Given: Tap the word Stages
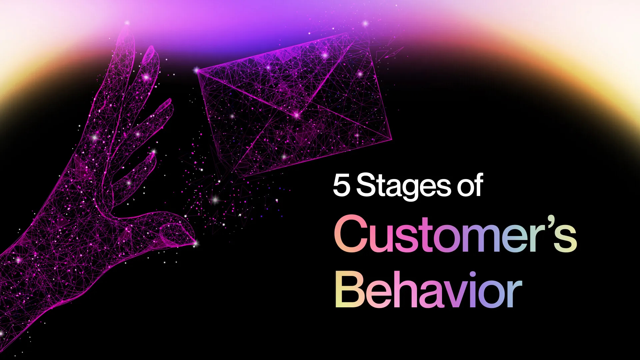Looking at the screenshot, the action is coord(404,187).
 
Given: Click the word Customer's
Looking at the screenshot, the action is coord(455,234).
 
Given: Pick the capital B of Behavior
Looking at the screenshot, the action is coord(350,290).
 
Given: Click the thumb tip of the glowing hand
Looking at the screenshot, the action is coord(195,244).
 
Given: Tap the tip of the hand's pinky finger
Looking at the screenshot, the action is coord(154,153).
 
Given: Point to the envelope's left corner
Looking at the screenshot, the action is coord(197,70).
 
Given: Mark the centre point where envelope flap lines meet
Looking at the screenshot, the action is coord(296,115).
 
